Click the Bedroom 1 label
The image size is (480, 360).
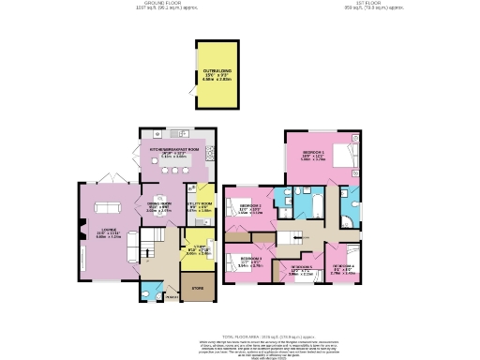313,155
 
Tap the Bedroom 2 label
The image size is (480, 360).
250,208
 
